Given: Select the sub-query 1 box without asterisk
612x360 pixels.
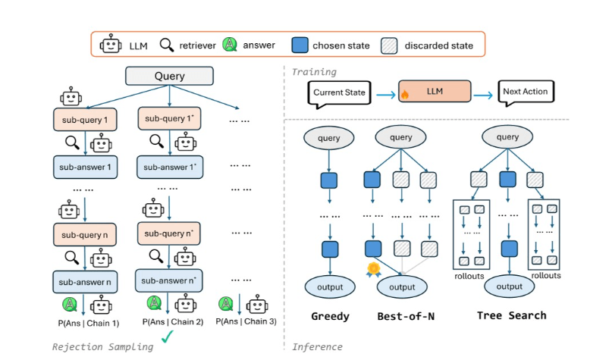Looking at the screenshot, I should tap(84, 119).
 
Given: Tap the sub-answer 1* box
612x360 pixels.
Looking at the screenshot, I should tap(168, 167).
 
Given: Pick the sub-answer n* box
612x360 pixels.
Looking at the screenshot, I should tap(168, 281).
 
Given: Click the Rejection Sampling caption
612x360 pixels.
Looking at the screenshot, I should tap(102, 346).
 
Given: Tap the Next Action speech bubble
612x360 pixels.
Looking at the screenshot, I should tap(526, 92).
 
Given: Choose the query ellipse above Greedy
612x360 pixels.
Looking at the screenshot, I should tap(328, 139).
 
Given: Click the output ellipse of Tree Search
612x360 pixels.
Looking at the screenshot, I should tap(508, 286).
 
